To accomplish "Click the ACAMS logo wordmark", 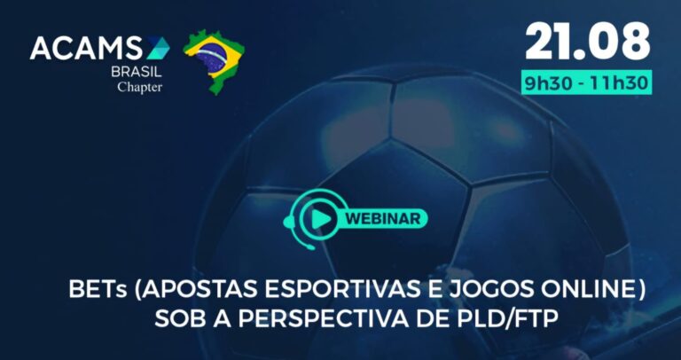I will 89,48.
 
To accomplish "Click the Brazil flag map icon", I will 214,59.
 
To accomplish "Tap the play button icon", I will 316,216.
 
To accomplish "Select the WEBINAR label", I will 383,216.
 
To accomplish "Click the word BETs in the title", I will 96,291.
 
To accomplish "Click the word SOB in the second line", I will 177,317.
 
